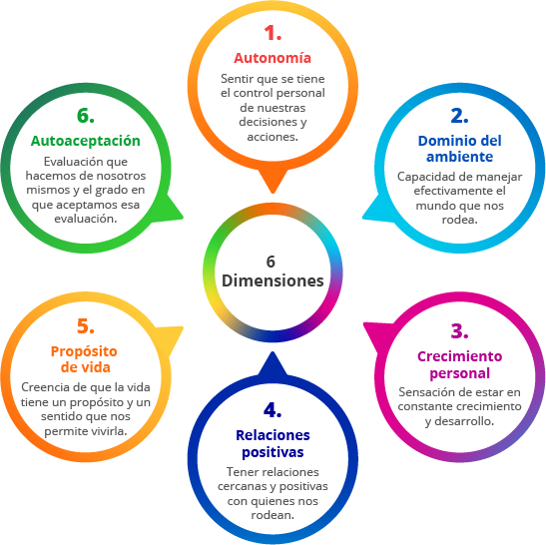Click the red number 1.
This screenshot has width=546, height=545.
pyautogui.click(x=273, y=33)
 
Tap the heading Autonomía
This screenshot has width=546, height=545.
pyautogui.click(x=273, y=58)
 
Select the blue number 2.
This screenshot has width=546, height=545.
pyautogui.click(x=459, y=116)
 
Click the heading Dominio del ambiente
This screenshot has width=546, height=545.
pyautogui.click(x=459, y=149)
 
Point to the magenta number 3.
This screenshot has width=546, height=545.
pyautogui.click(x=459, y=330)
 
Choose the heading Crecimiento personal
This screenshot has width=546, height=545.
pyautogui.click(x=459, y=364)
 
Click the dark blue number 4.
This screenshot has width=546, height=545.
pyautogui.click(x=273, y=409)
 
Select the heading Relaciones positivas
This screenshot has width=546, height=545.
pyautogui.click(x=273, y=443)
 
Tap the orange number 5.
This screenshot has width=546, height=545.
pyautogui.click(x=86, y=326)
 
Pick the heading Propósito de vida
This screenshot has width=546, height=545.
pyautogui.click(x=84, y=359)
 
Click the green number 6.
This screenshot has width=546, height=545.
pyautogui.click(x=86, y=116)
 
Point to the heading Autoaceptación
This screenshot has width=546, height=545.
pyautogui.click(x=86, y=141)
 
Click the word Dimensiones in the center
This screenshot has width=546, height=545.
pyautogui.click(x=273, y=280)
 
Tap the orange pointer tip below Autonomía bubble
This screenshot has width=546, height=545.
pyautogui.click(x=273, y=192)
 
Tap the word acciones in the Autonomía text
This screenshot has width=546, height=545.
pyautogui.click(x=272, y=137)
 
